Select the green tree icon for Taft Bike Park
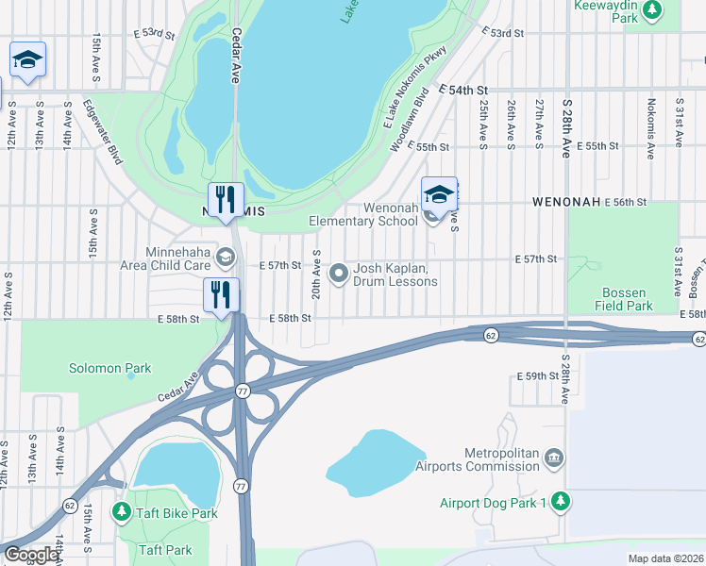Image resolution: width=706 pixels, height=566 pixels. pyautogui.click(x=121, y=512)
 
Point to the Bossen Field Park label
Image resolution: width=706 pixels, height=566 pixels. pyautogui.click(x=624, y=299)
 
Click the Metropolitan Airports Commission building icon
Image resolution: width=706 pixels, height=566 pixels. pyautogui.click(x=554, y=458)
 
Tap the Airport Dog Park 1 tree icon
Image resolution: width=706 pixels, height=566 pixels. pyautogui.click(x=562, y=500)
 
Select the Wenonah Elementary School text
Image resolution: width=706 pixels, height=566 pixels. pyautogui.click(x=363, y=215)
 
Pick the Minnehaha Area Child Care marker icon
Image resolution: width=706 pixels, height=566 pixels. pyautogui.click(x=226, y=257)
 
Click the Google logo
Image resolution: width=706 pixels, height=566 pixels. pyautogui.click(x=30, y=555)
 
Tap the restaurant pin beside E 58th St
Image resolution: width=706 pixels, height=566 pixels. pyautogui.click(x=221, y=295)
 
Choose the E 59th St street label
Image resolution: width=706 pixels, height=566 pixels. pyautogui.click(x=538, y=375)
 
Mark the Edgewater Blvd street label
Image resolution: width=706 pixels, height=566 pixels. pyautogui.click(x=102, y=133)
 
